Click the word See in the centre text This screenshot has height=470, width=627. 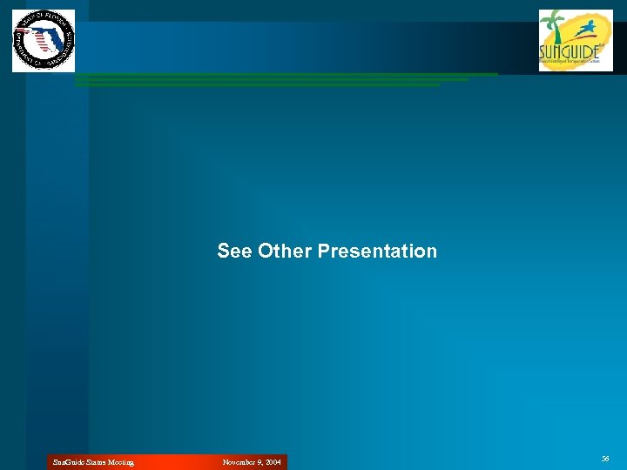pos(235,252)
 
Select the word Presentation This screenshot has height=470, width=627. pos(377,252)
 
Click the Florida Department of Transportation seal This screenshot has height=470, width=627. pos(44,40)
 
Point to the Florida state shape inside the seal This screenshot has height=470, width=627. pos(39,39)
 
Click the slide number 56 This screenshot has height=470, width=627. pos(605,458)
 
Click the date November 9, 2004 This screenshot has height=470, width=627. pos(252,462)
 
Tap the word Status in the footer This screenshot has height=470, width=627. pos(91,462)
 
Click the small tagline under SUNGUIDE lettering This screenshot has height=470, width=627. pos(570,62)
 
